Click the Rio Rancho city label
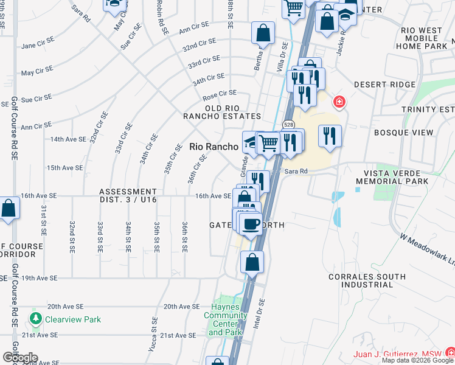point(213,147)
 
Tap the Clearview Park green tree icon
point(36,319)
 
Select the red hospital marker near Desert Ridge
point(338,101)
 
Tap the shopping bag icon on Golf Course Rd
point(9,208)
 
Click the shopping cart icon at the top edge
point(294,8)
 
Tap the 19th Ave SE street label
point(40,278)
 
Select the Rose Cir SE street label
point(219,94)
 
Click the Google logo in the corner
point(20,358)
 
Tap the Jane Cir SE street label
point(38,46)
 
